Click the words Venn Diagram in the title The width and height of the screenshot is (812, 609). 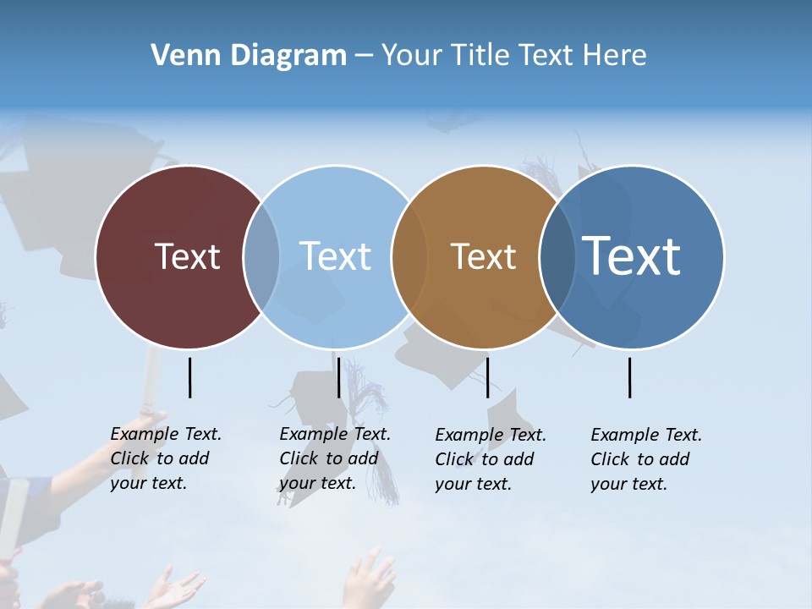(249, 56)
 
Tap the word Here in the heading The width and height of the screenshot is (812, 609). (612, 56)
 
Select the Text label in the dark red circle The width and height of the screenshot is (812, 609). (187, 256)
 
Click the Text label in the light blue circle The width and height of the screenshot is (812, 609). (335, 256)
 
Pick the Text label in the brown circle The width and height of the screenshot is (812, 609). (483, 256)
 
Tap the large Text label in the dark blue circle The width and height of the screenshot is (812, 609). (632, 255)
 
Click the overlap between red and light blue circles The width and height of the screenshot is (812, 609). (261, 256)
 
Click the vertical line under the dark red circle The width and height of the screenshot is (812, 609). (189, 377)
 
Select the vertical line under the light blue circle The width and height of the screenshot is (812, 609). (338, 377)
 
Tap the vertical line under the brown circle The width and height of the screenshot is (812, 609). (487, 377)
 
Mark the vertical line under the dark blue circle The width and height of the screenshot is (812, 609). (629, 377)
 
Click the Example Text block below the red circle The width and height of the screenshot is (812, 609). (165, 458)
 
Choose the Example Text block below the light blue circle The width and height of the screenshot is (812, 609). (334, 458)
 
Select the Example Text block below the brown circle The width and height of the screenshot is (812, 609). (490, 459)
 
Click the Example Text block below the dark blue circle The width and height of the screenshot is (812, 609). (645, 459)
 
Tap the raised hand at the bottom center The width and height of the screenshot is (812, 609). (370, 579)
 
